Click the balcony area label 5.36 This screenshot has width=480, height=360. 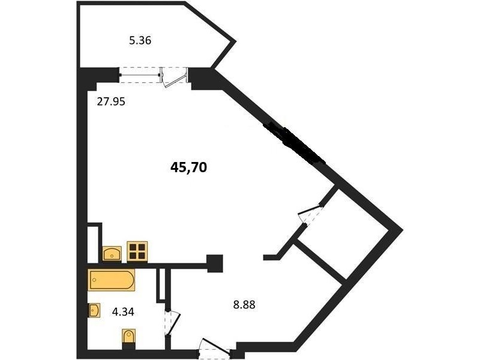[x=140, y=40]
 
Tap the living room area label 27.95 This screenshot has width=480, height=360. [x=111, y=101]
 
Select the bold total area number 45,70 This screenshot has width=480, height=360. [x=188, y=167]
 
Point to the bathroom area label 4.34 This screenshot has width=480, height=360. [x=123, y=312]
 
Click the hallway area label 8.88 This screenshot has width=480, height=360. [x=244, y=305]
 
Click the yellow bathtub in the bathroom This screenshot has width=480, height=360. [x=112, y=280]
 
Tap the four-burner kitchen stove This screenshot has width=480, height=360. [x=137, y=251]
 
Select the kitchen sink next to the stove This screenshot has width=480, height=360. [x=112, y=254]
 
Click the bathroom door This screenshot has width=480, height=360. [x=172, y=324]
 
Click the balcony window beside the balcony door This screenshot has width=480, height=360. [x=140, y=74]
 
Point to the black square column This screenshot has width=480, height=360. [x=215, y=263]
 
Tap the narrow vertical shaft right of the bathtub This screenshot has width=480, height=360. [x=162, y=283]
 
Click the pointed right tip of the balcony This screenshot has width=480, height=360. [x=236, y=41]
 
